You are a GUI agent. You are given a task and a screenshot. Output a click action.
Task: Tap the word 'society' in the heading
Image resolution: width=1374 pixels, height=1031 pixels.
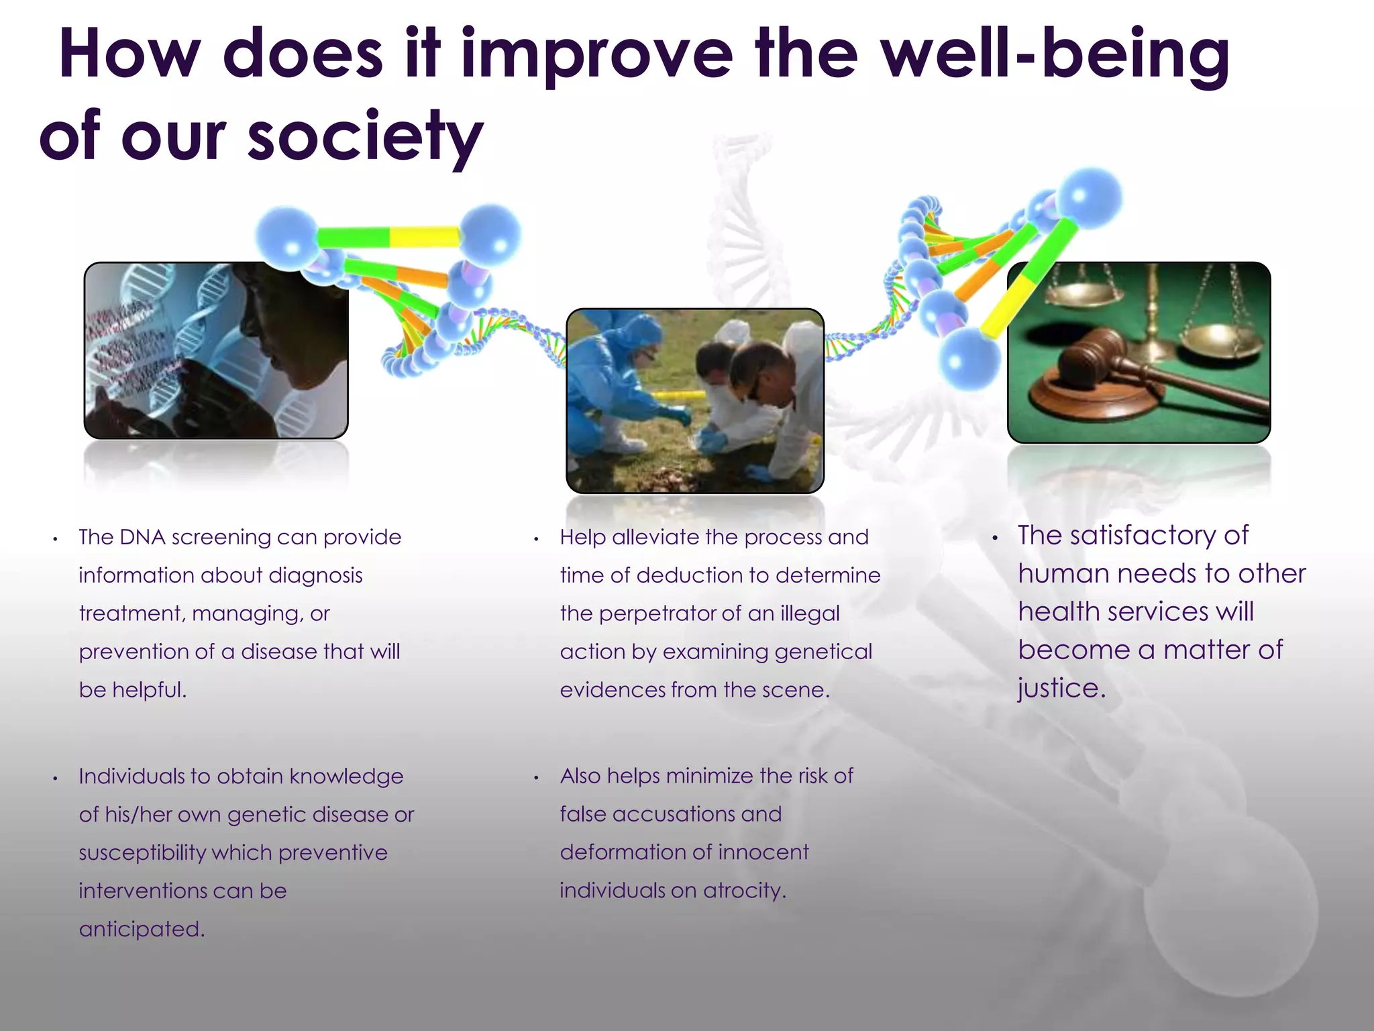coord(366,138)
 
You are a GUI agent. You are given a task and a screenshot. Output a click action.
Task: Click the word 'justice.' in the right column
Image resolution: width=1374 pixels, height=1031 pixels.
coord(1061,688)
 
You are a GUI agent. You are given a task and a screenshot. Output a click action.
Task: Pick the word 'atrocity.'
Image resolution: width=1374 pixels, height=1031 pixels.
coord(744,891)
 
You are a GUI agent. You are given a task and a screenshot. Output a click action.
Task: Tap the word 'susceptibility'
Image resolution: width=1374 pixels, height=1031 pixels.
coord(142,852)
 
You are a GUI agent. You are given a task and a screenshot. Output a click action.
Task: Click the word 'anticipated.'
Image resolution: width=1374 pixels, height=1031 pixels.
coord(142,929)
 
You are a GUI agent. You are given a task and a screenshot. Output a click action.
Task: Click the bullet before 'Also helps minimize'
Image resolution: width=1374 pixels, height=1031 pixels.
coord(537,778)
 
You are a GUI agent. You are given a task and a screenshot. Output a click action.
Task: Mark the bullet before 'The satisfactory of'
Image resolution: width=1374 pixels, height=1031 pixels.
coord(996,538)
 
